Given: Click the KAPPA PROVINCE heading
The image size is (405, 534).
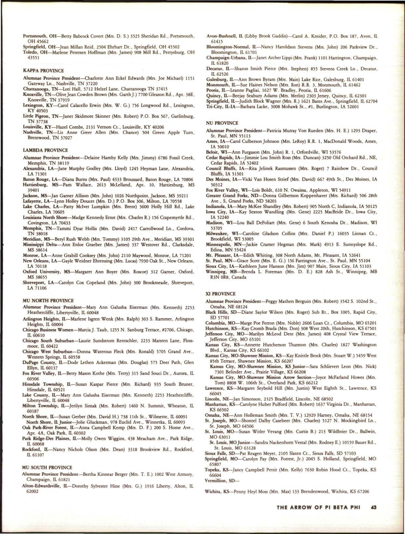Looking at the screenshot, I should tap(43, 71).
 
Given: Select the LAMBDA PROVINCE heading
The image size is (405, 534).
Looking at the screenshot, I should tap(45, 150).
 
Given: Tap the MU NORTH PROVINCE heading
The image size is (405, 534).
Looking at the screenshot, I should tap(48, 300).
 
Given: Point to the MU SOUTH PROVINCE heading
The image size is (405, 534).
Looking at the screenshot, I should tap(48, 467).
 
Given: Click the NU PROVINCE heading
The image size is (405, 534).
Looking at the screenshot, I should tap(222, 123).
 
